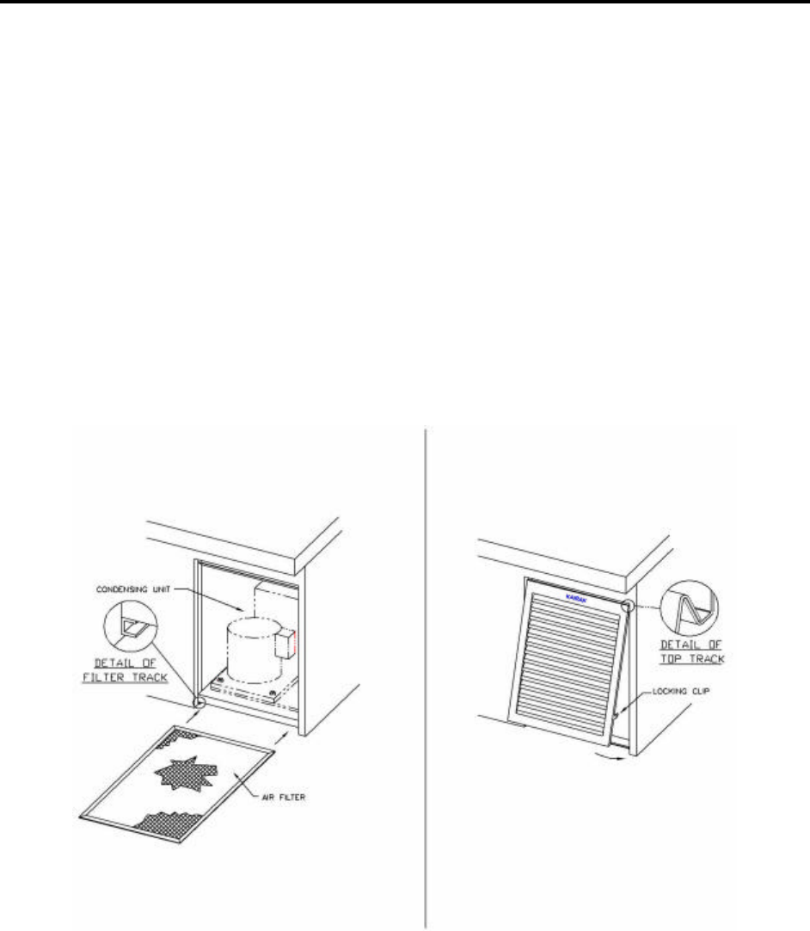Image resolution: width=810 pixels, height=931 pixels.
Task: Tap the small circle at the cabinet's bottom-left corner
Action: pyautogui.click(x=199, y=703)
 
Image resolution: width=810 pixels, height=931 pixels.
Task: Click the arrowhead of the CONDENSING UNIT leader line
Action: pyautogui.click(x=244, y=615)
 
